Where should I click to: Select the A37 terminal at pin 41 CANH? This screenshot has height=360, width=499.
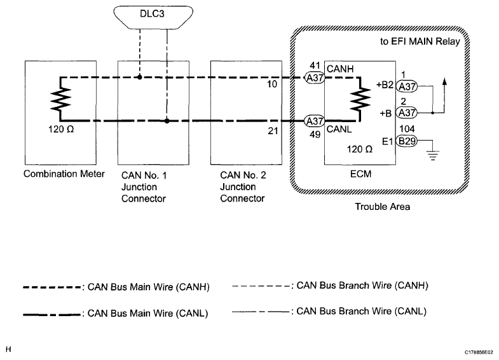tap(315, 78)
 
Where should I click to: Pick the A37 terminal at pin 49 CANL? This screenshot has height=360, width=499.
tap(315, 120)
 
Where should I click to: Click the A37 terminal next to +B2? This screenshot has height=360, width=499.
tap(407, 85)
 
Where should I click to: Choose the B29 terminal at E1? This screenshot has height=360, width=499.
tap(407, 142)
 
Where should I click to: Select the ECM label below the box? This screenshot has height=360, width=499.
tap(361, 174)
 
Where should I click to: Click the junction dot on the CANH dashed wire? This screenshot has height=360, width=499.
tap(140, 78)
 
